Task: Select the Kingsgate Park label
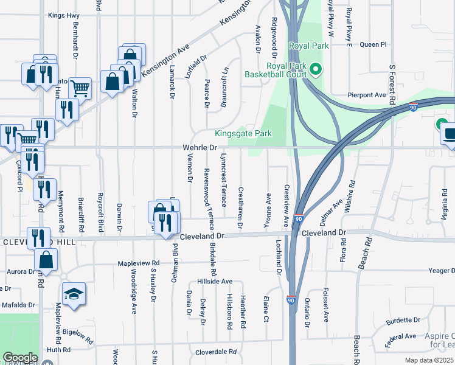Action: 243,134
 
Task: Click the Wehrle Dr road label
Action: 200,148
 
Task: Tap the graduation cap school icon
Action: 74,294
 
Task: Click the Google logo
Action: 19,358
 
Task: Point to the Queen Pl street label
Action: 373,44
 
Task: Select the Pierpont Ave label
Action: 367,95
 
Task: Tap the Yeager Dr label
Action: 441,271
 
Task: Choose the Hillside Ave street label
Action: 215,282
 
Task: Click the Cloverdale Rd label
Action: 215,352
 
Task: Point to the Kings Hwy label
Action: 63,15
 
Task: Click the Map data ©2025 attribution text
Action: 430,360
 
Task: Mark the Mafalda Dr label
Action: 18,305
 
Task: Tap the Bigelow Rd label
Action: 77,336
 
